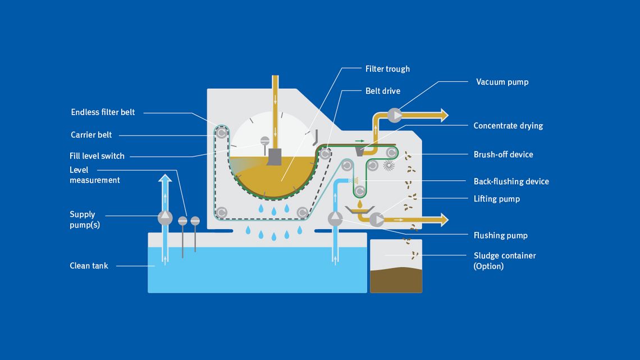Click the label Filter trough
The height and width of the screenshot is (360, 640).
(387, 69)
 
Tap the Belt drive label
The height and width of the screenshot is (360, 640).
(382, 90)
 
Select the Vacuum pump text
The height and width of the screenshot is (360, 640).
(502, 82)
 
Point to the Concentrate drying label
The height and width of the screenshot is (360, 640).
(508, 126)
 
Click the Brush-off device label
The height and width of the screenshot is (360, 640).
(503, 154)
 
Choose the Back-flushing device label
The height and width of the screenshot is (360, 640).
(511, 181)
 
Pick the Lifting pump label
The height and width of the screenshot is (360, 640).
(496, 199)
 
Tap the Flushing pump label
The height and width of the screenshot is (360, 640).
(500, 235)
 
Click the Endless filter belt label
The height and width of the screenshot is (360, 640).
(103, 112)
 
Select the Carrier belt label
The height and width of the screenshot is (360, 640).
(91, 135)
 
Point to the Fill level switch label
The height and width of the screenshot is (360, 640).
(97, 156)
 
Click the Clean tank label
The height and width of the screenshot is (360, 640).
(89, 266)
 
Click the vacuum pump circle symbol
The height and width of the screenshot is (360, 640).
(395, 115)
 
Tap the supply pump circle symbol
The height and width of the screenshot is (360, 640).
(165, 217)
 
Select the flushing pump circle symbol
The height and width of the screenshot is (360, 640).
(335, 218)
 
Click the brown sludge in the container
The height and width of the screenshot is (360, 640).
(396, 281)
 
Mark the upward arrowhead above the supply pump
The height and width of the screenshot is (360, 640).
(165, 179)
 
